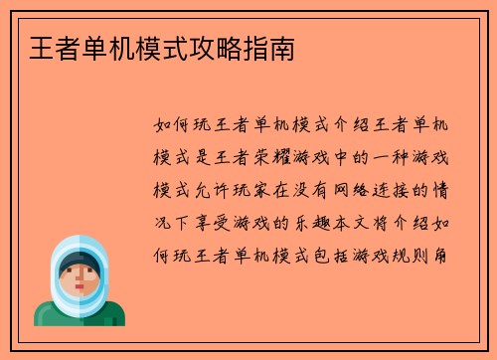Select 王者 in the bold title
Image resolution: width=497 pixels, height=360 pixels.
[x=43, y=48]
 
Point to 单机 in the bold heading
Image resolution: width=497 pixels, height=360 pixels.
[x=94, y=48]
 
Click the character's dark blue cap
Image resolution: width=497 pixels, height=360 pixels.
[x=79, y=262]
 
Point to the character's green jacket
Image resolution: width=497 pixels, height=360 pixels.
[x=80, y=316]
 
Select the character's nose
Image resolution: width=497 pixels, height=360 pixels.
[x=80, y=285]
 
